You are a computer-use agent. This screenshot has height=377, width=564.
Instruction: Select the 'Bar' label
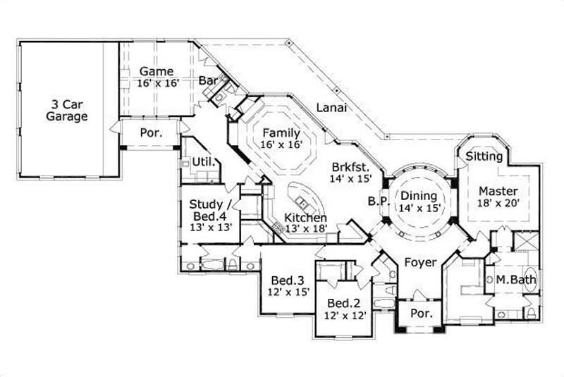(x=208, y=81)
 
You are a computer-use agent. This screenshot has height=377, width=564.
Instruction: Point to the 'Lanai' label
(x=330, y=108)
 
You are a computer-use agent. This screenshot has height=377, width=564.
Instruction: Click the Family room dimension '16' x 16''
(x=281, y=144)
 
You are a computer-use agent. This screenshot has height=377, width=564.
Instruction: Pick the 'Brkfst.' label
(x=350, y=168)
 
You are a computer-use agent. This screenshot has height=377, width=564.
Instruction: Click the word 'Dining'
(x=419, y=196)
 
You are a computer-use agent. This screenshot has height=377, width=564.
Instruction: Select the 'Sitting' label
(x=484, y=156)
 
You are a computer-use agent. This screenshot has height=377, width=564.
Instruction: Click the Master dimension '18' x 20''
(x=498, y=203)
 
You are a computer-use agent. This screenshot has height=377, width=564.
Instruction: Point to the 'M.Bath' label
(x=515, y=280)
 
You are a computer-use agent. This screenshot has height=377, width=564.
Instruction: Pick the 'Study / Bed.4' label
(x=209, y=211)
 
